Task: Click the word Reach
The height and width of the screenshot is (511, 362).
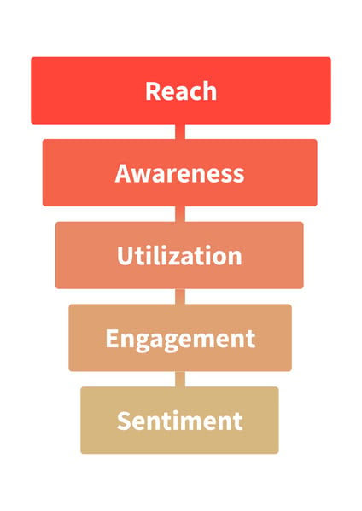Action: pos(181,91)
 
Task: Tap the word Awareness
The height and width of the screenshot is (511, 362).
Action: pos(179,173)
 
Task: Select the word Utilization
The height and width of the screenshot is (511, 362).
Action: pos(179,256)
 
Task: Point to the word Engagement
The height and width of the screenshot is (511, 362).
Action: pos(180,340)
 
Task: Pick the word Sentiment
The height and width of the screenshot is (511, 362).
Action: pos(179,421)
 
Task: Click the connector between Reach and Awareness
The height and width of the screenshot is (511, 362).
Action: pos(180,131)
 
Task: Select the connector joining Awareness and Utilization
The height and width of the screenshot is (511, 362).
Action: pos(180,214)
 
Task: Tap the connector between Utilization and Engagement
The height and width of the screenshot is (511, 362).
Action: pos(180,297)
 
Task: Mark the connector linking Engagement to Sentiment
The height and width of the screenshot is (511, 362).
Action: pos(180,379)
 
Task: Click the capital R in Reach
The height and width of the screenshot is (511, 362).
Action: pos(152,91)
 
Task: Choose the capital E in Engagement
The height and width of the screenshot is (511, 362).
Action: pos(112,339)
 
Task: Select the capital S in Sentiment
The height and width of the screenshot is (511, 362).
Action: pos(123,421)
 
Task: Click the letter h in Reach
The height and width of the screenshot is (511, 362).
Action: pos(210,91)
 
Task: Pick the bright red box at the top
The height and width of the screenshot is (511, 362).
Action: pos(181,90)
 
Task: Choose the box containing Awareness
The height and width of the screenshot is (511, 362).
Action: pos(179,172)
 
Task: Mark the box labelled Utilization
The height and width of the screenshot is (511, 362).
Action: pos(179,255)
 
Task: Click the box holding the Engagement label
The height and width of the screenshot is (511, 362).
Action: pos(180,338)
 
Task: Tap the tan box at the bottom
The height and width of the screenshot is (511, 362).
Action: pos(179,420)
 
